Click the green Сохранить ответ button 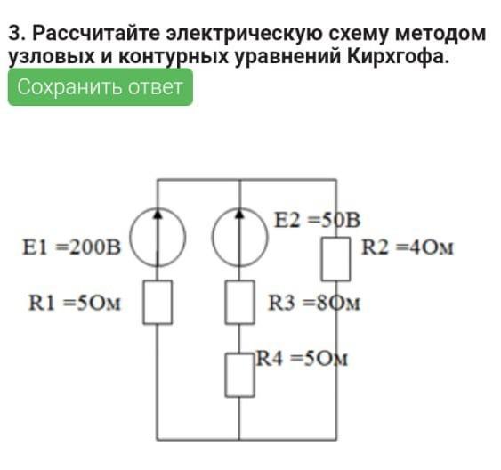click(101, 87)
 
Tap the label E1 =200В click(72, 247)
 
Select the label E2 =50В click(318, 220)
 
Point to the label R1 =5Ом click(75, 303)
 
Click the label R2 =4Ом click(408, 247)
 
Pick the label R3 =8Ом click(314, 303)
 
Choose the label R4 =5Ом click(302, 359)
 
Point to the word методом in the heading click(440, 34)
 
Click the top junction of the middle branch click(239, 180)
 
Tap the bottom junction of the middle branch click(239, 440)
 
